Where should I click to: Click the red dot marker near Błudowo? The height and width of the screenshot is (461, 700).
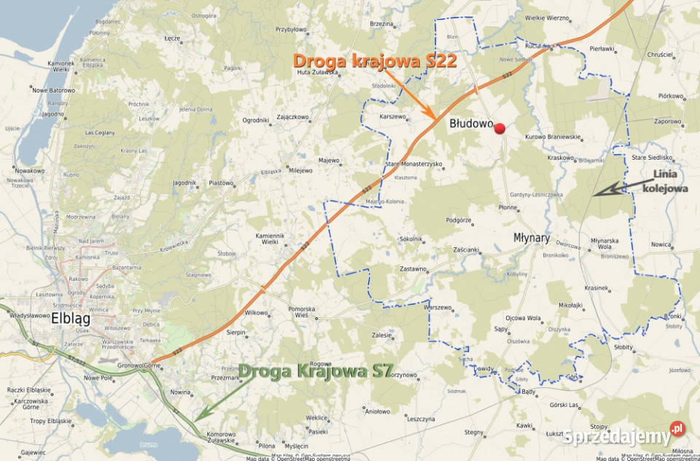click(x=499, y=129)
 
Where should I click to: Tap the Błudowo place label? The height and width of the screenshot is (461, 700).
click(x=472, y=124)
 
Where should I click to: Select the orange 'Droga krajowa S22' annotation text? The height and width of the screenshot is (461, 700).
click(x=375, y=61)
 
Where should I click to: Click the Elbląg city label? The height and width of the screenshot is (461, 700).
click(x=71, y=317)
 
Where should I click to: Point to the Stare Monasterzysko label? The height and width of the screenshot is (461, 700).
click(x=413, y=164)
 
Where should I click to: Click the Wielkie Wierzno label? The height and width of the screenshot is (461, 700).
click(x=547, y=18)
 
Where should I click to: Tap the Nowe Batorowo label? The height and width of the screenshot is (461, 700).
click(x=54, y=90)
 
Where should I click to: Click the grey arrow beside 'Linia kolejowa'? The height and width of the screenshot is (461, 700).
click(x=615, y=188)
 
